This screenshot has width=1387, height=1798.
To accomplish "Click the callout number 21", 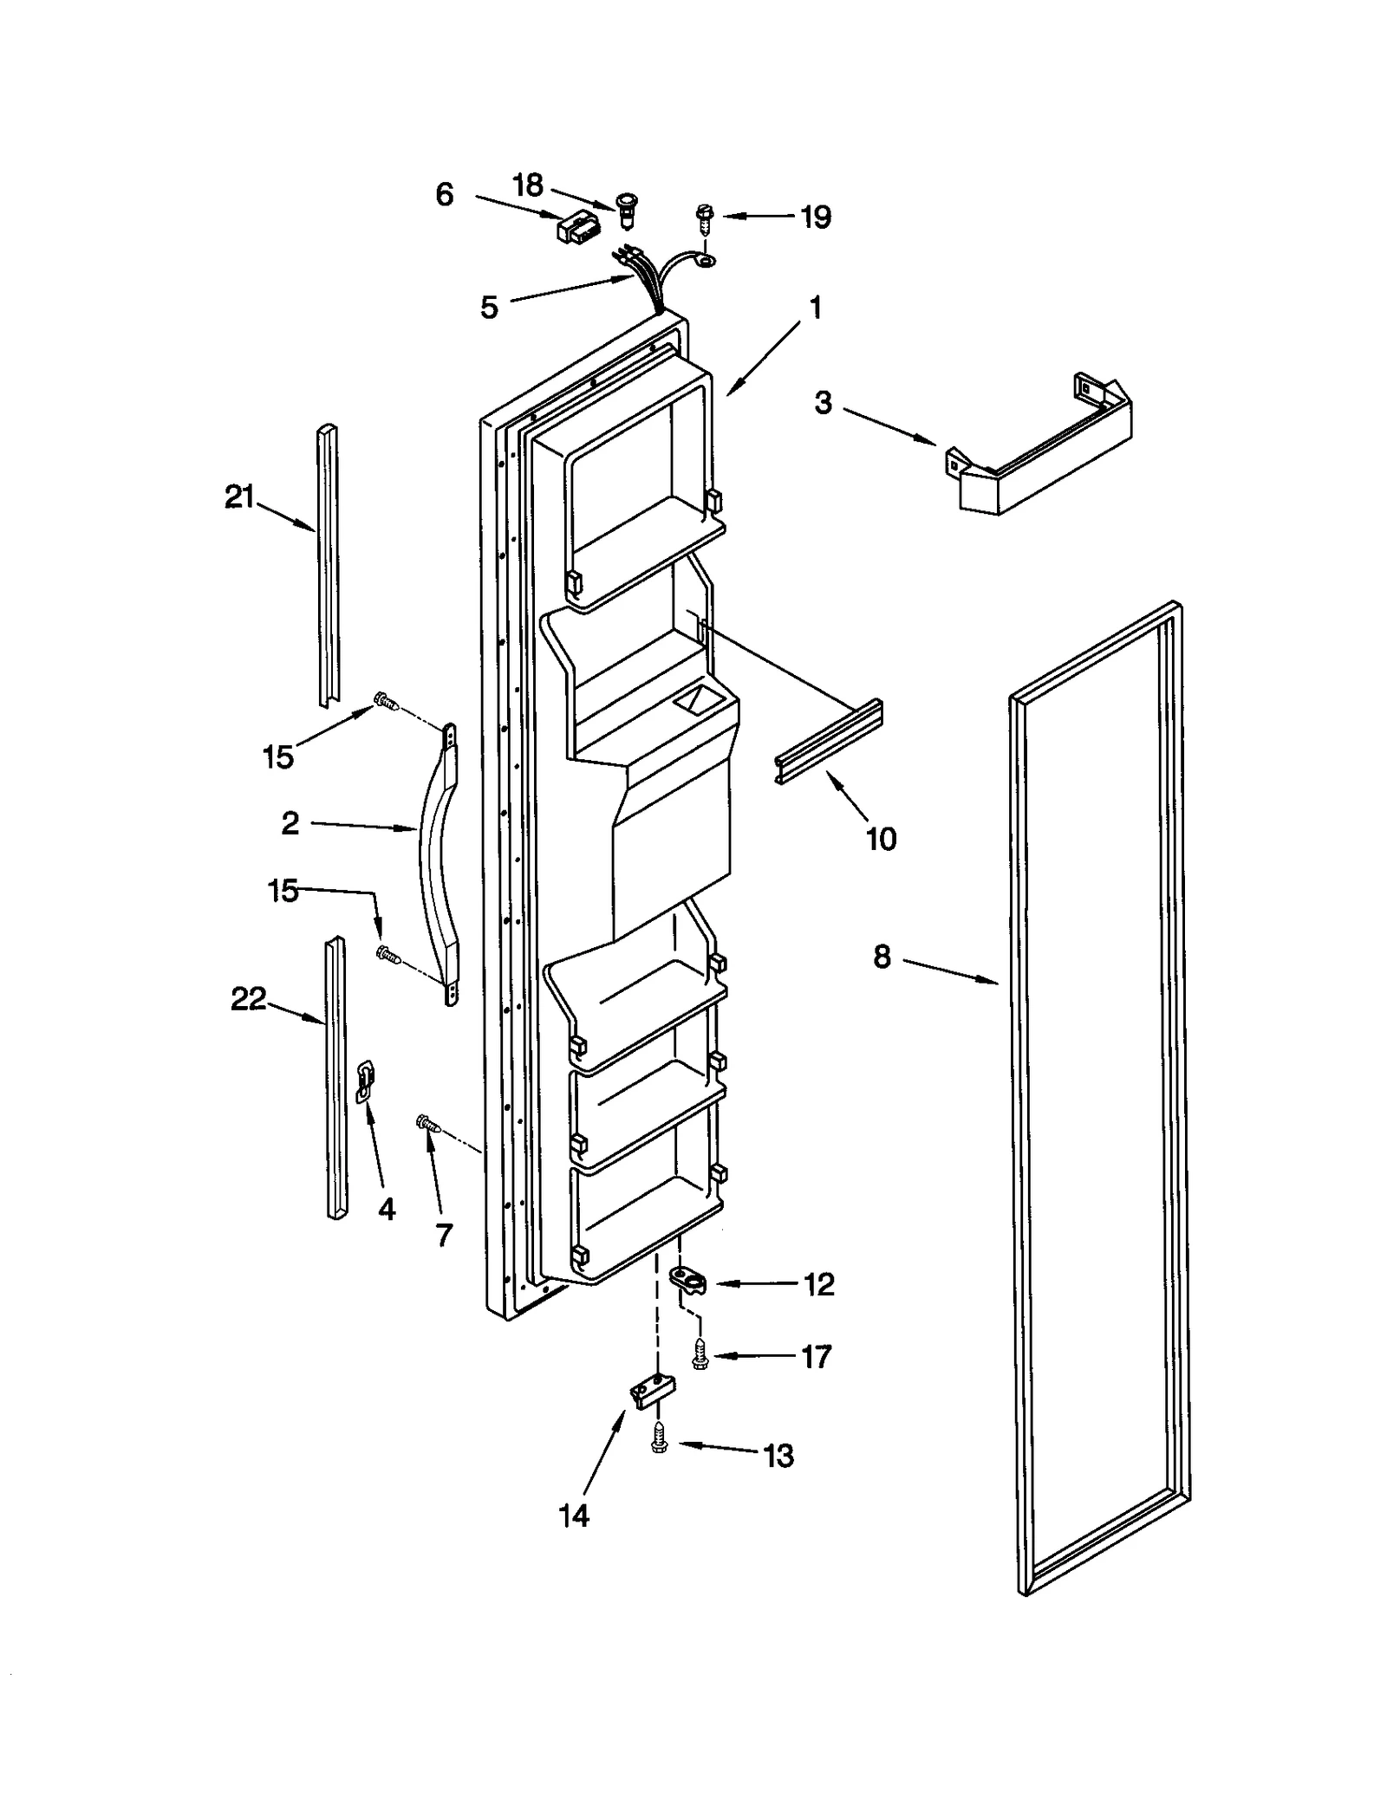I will pyautogui.click(x=239, y=497).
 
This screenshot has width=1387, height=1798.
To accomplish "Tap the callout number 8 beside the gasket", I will pyautogui.click(x=881, y=957).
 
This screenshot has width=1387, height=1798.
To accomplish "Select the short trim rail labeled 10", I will pyautogui.click(x=828, y=742).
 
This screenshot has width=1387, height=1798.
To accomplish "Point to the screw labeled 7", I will pyautogui.click(x=428, y=1125).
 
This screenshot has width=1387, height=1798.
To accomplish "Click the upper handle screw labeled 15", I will pyautogui.click(x=384, y=700).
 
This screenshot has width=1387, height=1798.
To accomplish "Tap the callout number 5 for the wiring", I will pyautogui.click(x=489, y=307).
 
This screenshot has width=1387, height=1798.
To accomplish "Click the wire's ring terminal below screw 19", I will pyautogui.click(x=707, y=259).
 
